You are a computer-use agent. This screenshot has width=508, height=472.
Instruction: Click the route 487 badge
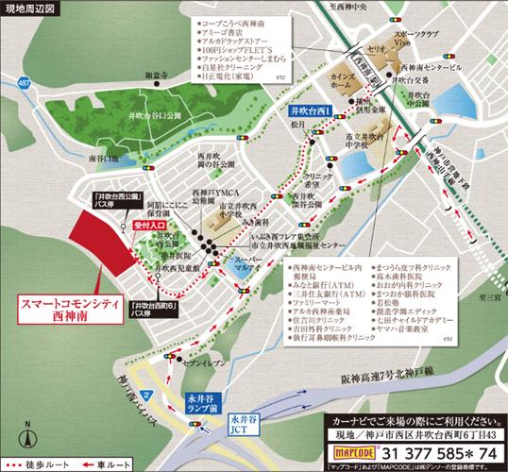pos(20,82)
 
